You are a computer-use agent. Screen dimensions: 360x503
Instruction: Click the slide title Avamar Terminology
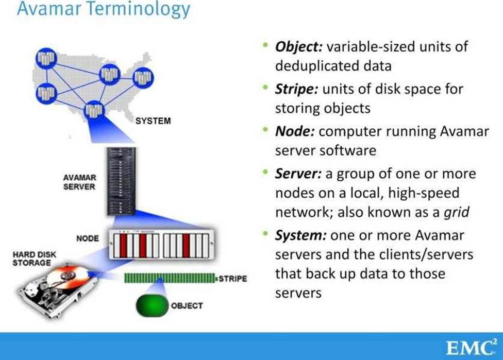103,10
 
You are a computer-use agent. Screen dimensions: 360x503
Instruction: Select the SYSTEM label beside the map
152,122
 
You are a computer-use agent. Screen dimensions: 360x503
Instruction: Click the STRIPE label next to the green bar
232,279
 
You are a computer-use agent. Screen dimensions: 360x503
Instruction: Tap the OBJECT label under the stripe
187,305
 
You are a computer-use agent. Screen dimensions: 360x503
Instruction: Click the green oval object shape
152,305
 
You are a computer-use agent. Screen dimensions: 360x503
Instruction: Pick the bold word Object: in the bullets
298,46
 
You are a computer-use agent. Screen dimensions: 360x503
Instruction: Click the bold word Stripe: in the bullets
296,89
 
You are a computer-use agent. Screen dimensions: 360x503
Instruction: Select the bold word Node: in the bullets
294,131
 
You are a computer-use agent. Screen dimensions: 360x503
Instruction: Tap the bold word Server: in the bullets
298,173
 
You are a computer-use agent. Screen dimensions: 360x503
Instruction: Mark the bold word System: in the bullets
300,236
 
